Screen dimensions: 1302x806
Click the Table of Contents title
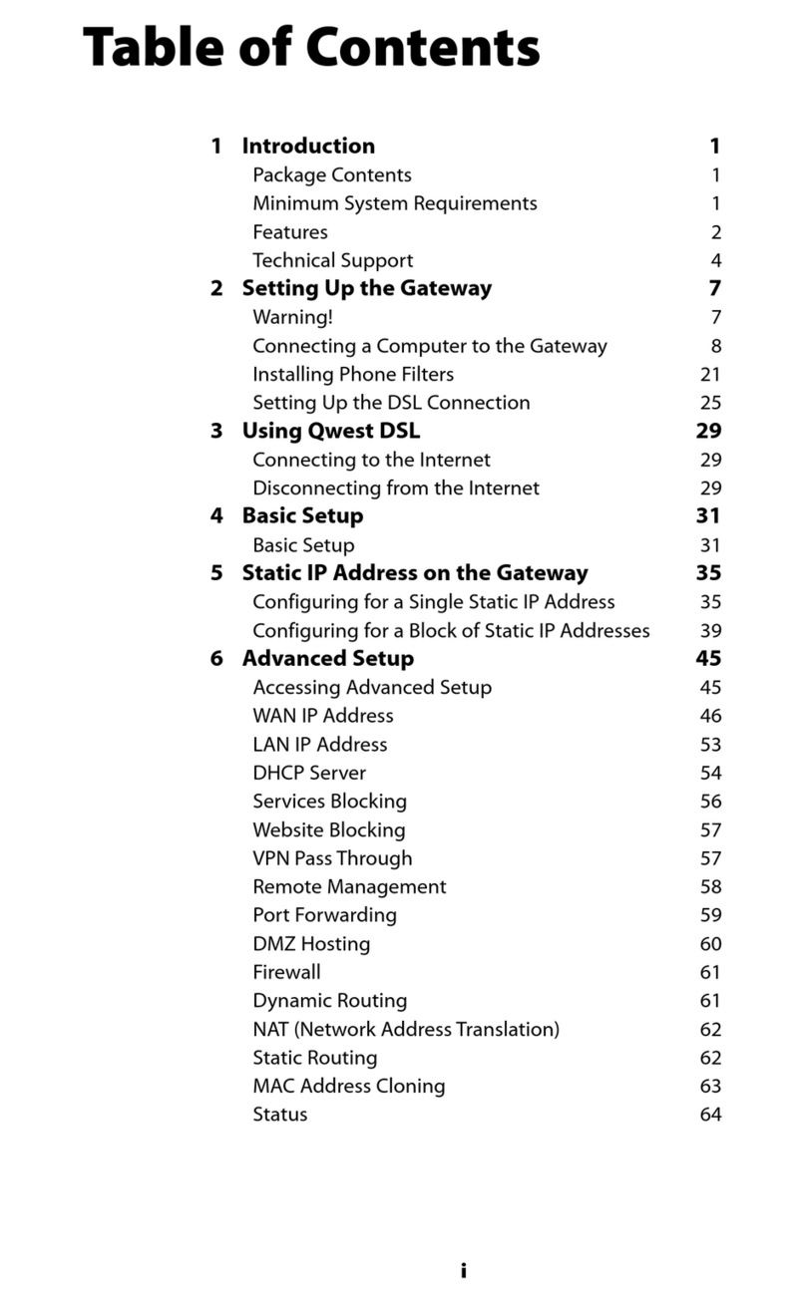click(311, 47)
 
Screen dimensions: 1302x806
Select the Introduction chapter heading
click(308, 146)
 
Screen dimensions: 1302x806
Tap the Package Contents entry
click(331, 175)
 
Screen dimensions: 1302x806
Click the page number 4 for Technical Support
click(715, 261)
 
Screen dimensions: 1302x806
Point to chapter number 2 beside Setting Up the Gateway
click(216, 289)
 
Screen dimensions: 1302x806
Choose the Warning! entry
click(292, 318)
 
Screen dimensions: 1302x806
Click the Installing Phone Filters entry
click(353, 375)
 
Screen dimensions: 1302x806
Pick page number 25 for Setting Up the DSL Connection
click(710, 404)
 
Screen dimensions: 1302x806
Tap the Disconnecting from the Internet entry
click(395, 488)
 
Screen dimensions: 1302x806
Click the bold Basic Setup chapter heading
click(302, 516)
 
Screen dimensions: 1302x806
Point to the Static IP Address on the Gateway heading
click(415, 573)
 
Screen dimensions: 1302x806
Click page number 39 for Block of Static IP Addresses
click(710, 631)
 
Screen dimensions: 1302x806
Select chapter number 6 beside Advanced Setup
click(216, 659)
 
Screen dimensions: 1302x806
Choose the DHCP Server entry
click(309, 773)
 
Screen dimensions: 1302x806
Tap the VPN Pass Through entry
click(332, 858)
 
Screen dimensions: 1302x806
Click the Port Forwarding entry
click(324, 915)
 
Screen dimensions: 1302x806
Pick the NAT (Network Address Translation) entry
click(406, 1029)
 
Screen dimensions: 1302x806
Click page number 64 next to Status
click(710, 1115)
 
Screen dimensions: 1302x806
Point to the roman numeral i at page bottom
click(463, 1271)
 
